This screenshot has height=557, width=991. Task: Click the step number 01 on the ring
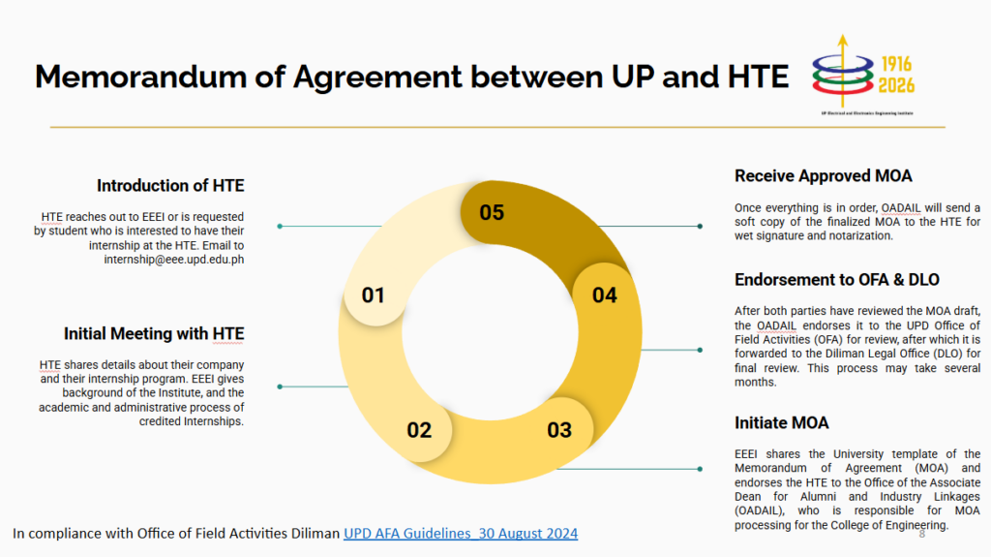coord(373,294)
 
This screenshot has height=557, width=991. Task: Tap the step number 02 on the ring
coord(419,430)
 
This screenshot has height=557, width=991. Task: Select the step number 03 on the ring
coord(559,430)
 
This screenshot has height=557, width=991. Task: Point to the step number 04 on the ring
coord(604,294)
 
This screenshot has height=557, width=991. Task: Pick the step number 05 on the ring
coord(492,213)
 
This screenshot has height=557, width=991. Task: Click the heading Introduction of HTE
coord(170,185)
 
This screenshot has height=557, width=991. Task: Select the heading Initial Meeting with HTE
coord(154,333)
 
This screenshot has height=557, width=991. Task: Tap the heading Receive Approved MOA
coord(823,176)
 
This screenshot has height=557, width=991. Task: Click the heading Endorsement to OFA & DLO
coord(837,280)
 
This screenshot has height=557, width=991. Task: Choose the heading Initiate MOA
coord(781,422)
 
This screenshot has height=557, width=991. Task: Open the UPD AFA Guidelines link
coord(461,534)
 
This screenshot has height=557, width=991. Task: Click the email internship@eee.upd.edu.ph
coord(174,260)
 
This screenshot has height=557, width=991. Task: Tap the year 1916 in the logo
coord(896,64)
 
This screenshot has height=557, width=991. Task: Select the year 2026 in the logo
coord(896,85)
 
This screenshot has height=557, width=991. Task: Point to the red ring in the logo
coord(843,87)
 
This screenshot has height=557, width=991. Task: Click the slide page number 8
coord(922,534)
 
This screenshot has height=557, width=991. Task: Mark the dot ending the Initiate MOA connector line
coord(700,469)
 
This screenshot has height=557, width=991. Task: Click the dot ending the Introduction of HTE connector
coord(280,226)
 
